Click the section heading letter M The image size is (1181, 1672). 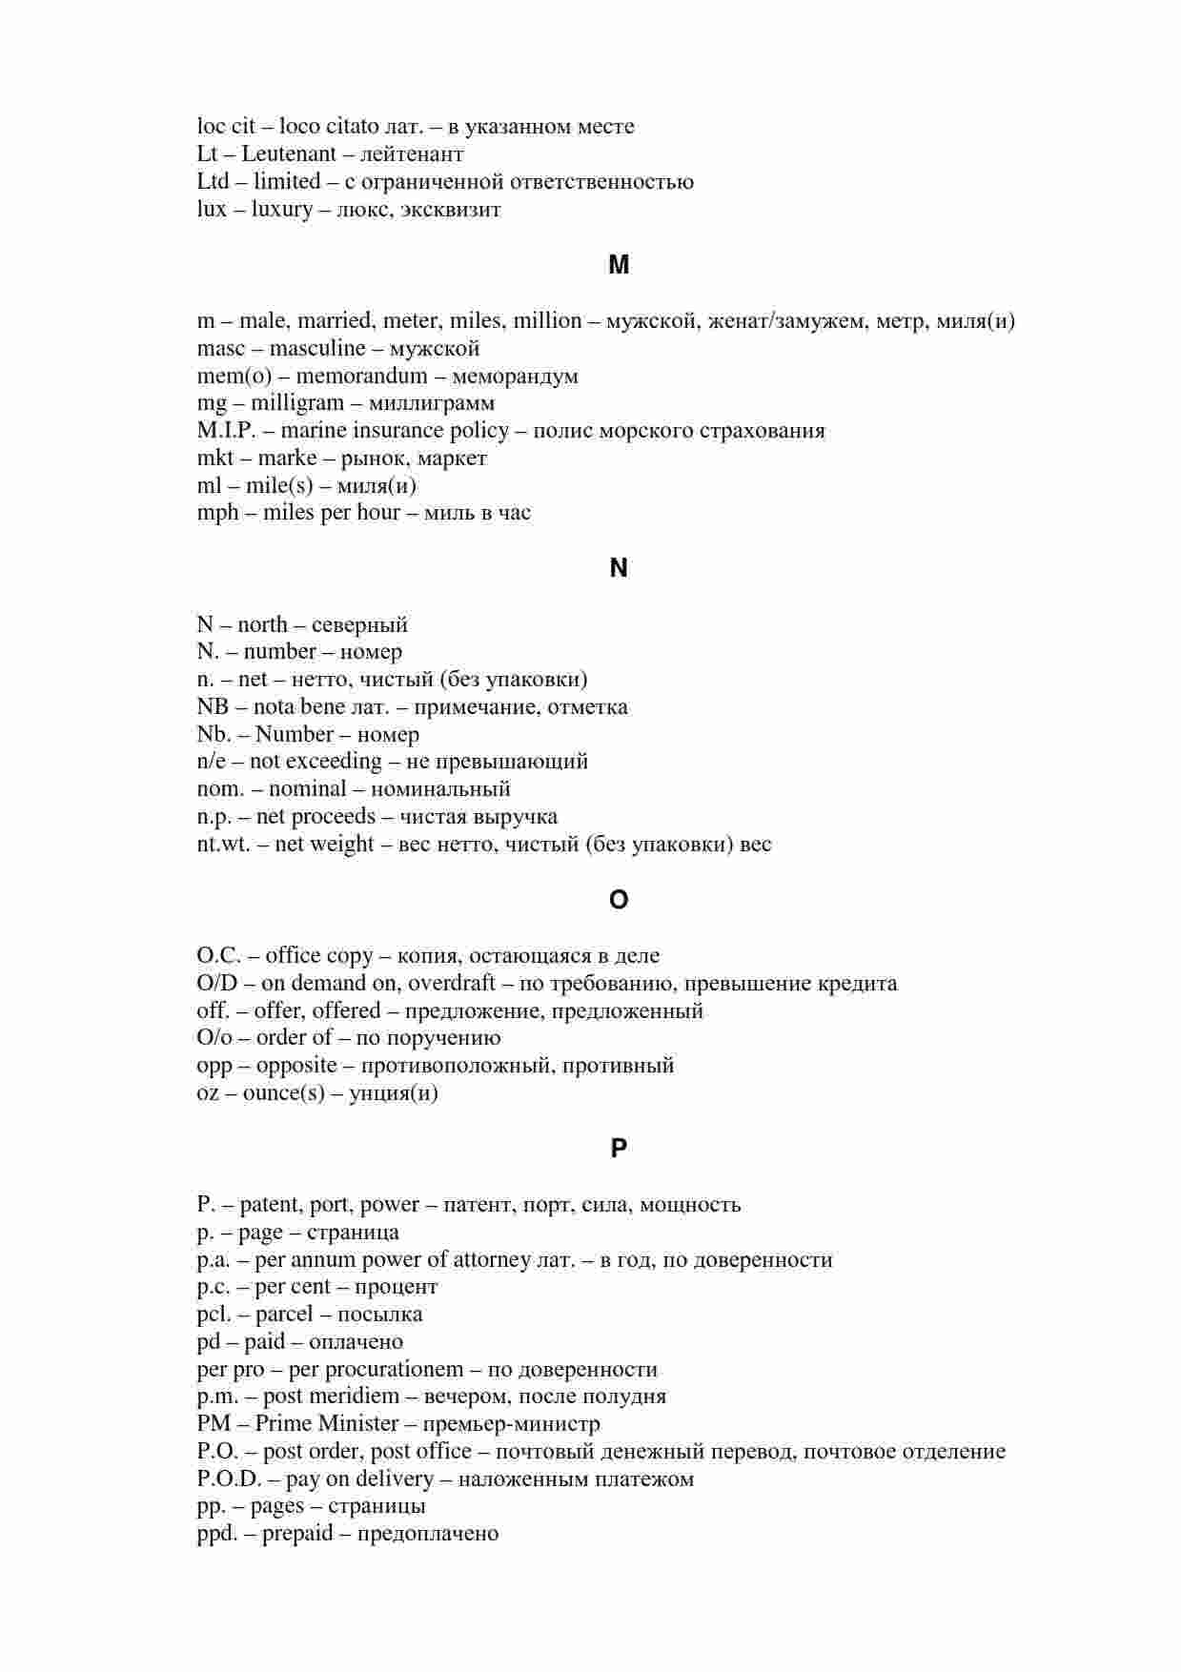point(619,265)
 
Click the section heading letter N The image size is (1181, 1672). point(619,568)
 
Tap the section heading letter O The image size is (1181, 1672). point(619,900)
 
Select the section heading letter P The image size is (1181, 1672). point(619,1149)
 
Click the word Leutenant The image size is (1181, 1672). point(288,153)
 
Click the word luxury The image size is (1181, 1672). point(281,210)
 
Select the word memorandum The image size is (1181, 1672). point(361,376)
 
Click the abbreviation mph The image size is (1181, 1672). point(217,514)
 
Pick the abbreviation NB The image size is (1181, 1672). point(213,707)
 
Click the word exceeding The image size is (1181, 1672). point(334,762)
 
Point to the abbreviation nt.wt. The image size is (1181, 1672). point(223,845)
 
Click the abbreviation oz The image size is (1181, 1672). point(208,1093)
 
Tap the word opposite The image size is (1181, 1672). point(296,1066)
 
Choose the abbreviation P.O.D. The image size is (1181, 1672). point(229,1479)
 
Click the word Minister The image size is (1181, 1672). point(357,1424)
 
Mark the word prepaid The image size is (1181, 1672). point(297,1534)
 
